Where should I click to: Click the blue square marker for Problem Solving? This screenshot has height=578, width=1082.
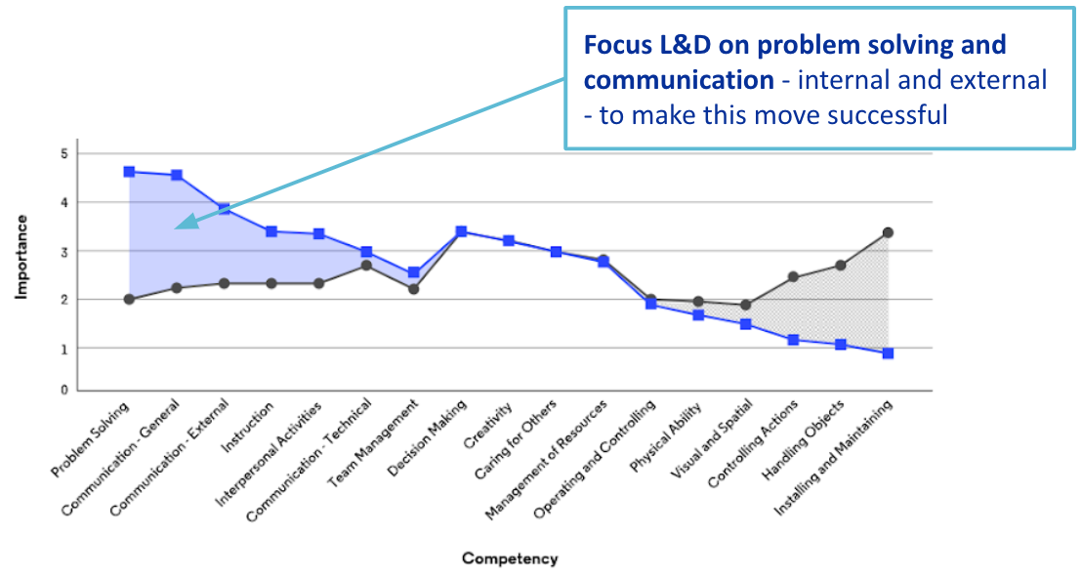point(129,172)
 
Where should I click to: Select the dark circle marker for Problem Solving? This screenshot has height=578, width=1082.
point(129,299)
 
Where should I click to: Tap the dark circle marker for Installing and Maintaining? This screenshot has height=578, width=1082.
point(888,232)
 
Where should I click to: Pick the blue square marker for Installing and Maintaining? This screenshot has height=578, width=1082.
point(888,353)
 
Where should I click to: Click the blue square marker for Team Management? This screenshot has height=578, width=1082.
point(413,272)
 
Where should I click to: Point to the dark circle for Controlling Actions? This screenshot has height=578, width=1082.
point(793,277)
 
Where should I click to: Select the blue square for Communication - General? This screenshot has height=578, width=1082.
point(177,176)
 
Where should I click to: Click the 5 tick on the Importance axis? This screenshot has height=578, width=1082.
point(63,154)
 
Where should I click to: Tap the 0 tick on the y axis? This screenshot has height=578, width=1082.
point(63,391)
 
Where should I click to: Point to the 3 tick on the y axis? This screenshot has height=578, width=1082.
point(63,252)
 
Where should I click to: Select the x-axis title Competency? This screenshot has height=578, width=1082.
point(510,558)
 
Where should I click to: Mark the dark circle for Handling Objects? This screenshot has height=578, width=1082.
point(840,266)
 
